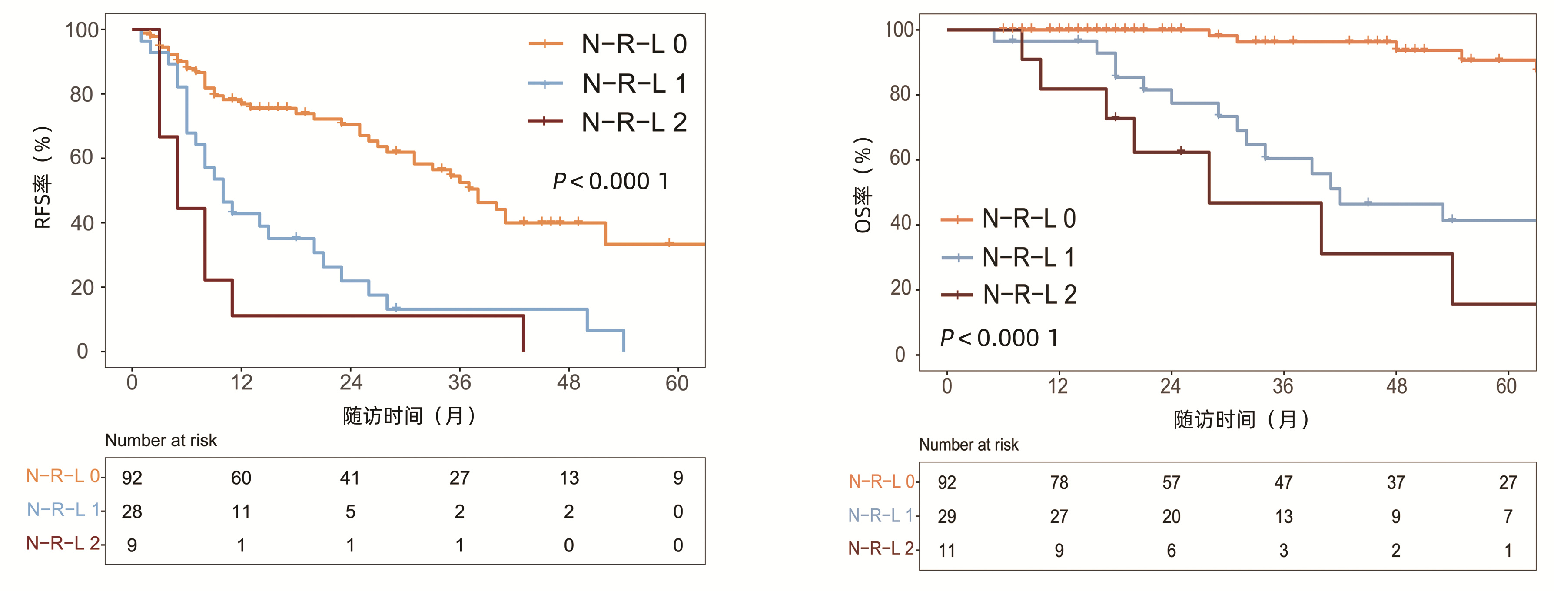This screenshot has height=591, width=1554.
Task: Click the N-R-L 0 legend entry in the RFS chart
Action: (x=634, y=44)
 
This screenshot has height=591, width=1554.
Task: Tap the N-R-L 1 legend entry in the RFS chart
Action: (x=634, y=84)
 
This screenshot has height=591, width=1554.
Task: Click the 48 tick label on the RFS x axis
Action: (x=568, y=382)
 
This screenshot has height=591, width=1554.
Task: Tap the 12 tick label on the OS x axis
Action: (x=1058, y=386)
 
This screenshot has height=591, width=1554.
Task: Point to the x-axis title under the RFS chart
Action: (x=409, y=415)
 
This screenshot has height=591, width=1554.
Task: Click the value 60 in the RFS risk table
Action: (x=241, y=478)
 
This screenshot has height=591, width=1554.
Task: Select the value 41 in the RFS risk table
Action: (x=350, y=478)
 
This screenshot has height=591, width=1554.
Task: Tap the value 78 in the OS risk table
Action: (x=1059, y=482)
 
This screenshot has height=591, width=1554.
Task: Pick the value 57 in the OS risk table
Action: (x=1171, y=482)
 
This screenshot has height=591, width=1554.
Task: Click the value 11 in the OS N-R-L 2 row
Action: (x=946, y=551)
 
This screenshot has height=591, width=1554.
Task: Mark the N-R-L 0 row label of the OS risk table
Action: (x=881, y=481)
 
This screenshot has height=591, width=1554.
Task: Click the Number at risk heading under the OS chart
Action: (x=968, y=445)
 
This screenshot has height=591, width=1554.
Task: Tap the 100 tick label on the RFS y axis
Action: (x=82, y=30)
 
